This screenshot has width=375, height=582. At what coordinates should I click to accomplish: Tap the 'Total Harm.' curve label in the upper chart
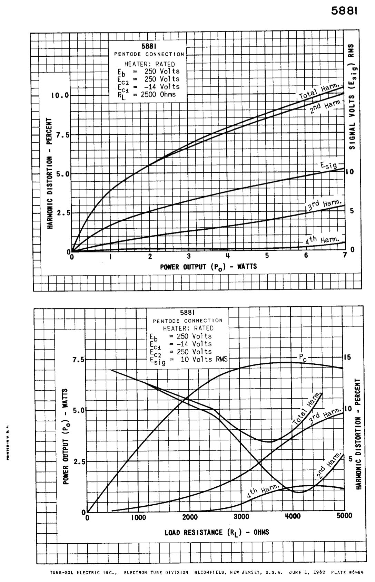(x=320, y=92)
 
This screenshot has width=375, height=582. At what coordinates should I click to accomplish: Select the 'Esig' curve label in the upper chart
(x=328, y=165)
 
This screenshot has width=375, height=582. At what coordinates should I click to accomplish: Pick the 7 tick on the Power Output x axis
(x=345, y=256)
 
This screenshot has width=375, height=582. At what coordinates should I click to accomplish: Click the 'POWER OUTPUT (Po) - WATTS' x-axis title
(x=208, y=267)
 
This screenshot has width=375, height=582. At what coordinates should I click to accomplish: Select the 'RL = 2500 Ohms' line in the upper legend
(x=147, y=95)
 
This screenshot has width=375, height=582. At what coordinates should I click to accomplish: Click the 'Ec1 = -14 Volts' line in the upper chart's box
(x=148, y=87)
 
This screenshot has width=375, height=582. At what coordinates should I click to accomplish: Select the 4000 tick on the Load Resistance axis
(x=293, y=517)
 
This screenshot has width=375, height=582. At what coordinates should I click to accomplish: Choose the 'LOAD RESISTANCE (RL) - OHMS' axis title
(x=217, y=532)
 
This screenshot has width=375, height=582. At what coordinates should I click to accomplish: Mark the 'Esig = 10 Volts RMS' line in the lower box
(x=189, y=359)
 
